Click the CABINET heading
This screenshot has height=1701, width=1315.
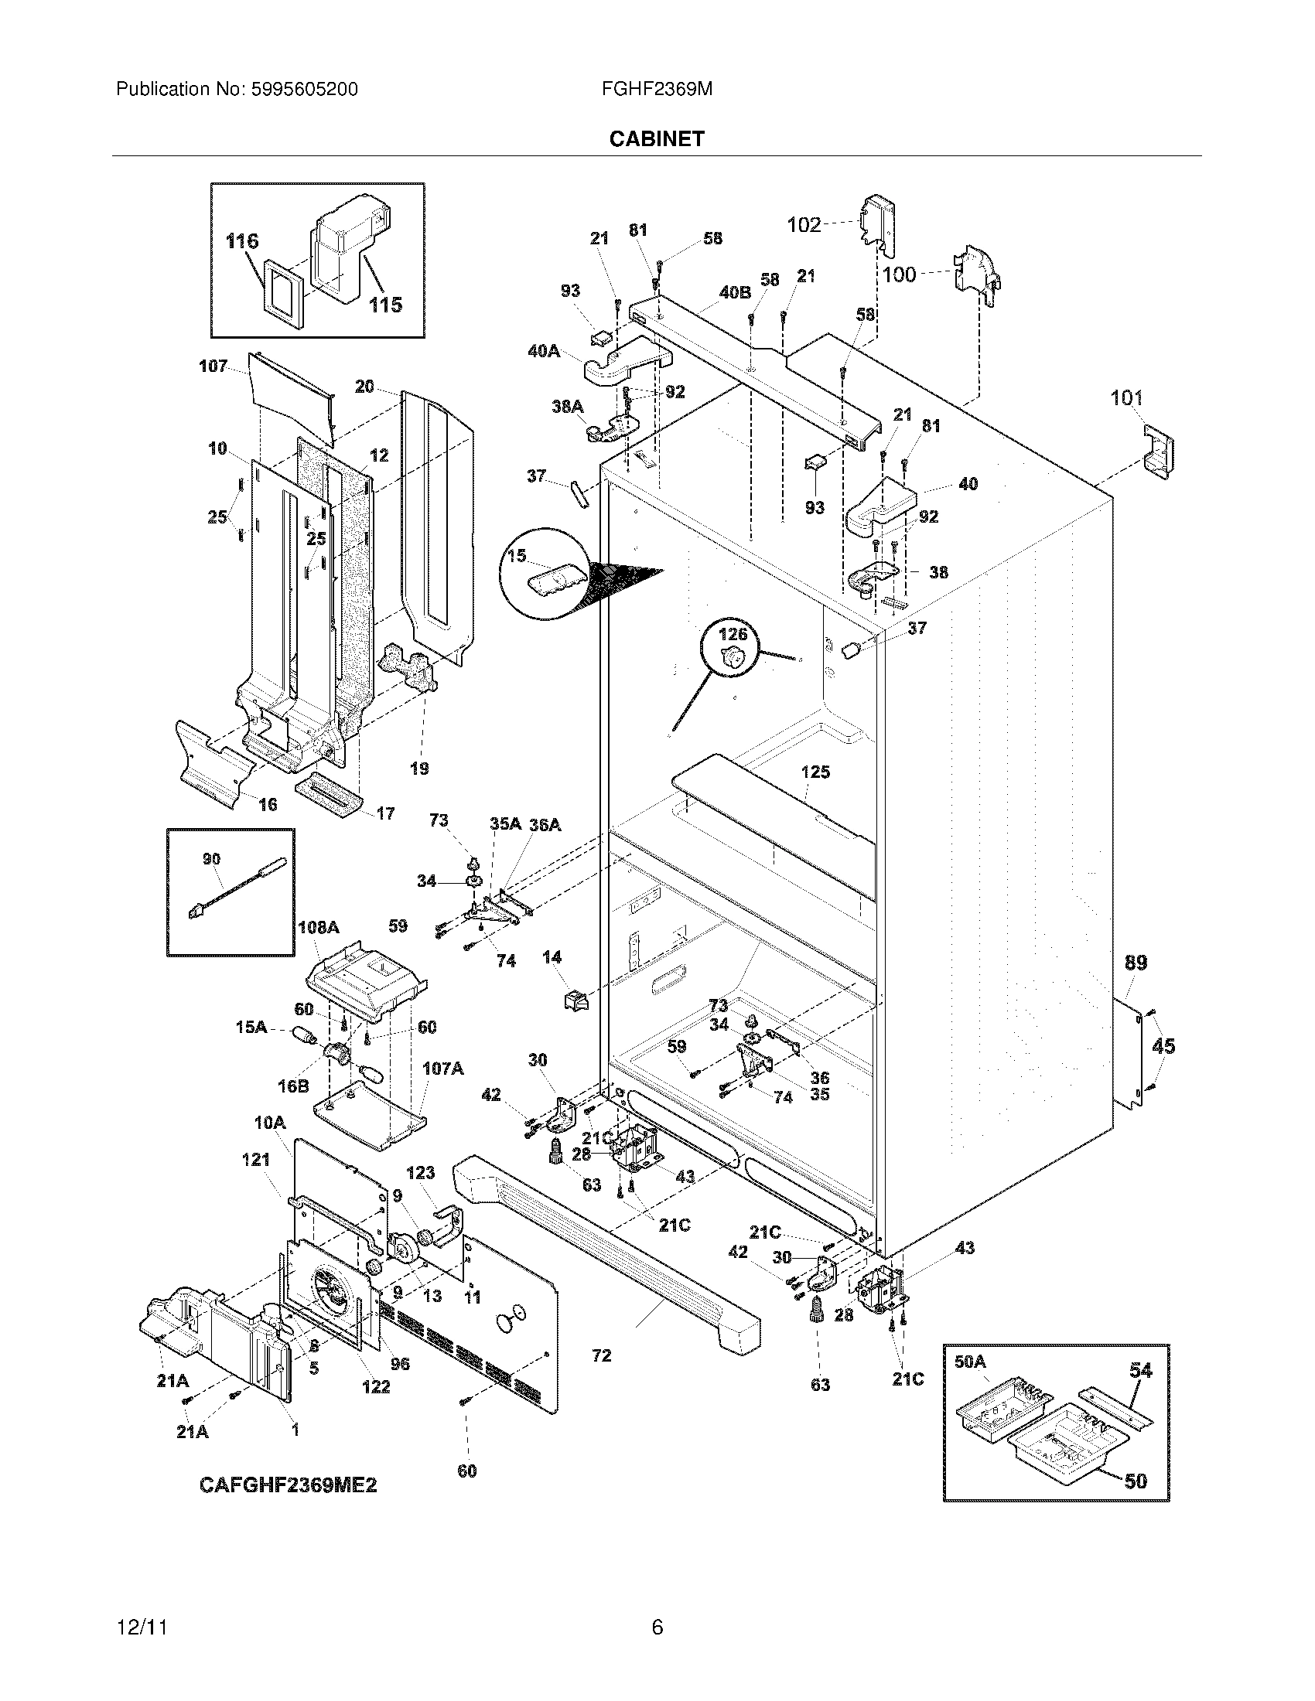pos(657,138)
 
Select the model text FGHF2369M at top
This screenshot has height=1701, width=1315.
pos(657,90)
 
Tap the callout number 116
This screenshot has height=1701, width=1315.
pos(241,241)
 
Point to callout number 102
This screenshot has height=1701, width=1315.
pos(804,225)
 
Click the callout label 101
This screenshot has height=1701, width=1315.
pos(1126,398)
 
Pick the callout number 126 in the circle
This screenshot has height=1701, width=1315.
pos(733,634)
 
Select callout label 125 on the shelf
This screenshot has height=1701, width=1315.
pos(815,772)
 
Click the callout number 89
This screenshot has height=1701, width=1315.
pos(1136,963)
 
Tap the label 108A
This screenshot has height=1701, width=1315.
pos(319,927)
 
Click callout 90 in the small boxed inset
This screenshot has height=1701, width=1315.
pos(211,859)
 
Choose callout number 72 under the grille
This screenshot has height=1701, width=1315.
pos(601,1356)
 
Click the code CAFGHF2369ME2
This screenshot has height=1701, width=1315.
pos(289,1485)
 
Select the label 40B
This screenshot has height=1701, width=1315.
pos(735,293)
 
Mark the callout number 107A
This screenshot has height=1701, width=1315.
pos(442,1069)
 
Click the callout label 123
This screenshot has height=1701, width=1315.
pos(420,1173)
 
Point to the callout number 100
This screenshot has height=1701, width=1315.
pos(899,274)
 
